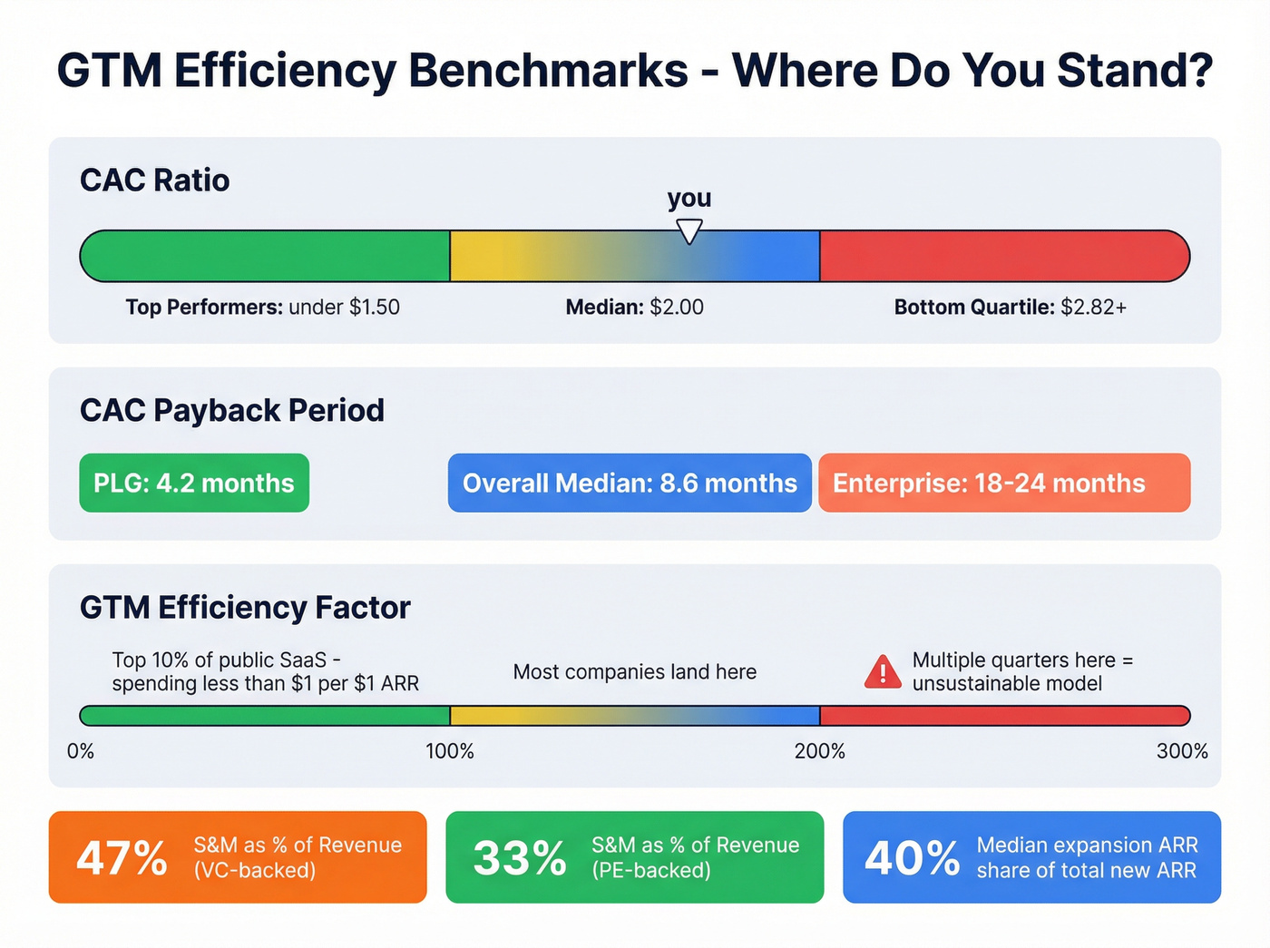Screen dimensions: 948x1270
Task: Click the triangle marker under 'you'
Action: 689,230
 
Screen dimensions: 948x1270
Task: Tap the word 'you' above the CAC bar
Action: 689,198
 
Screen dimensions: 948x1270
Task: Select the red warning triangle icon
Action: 883,673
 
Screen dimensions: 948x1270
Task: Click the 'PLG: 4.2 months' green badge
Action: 194,483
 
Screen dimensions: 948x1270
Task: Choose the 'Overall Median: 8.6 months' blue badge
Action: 630,483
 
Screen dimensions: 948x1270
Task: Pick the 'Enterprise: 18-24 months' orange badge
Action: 1003,483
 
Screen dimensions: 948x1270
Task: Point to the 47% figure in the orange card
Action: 122,857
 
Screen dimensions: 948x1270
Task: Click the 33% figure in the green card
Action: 519,857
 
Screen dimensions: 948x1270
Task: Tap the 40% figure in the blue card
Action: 912,857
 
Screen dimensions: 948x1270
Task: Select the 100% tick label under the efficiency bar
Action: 450,751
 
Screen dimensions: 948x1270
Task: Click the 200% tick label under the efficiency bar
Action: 820,751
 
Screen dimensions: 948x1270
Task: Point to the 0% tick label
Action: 81,751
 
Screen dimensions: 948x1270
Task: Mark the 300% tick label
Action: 1182,751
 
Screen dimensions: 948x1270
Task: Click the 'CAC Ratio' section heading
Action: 155,181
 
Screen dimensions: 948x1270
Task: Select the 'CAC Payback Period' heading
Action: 232,410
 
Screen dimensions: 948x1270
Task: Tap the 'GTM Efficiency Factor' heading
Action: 245,607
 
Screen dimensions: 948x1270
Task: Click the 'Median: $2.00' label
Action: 634,308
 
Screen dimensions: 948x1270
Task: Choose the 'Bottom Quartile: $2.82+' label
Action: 1010,308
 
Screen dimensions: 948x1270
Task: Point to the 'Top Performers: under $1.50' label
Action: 262,308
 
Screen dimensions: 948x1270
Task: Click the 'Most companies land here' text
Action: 634,672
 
